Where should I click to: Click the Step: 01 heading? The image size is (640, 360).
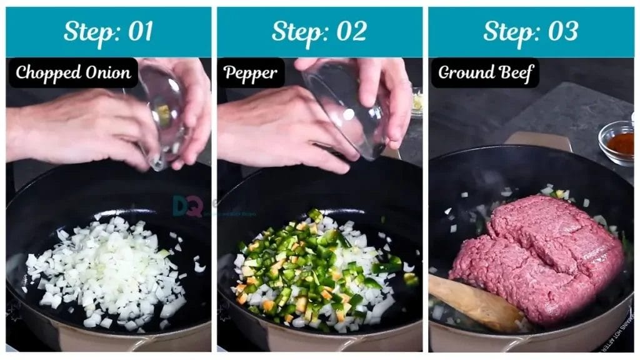tap(108, 31)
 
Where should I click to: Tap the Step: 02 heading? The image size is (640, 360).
tap(319, 31)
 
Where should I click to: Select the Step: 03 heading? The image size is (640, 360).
tap(531, 31)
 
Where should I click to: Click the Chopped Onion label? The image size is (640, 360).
tap(73, 73)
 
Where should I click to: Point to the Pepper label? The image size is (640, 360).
tap(250, 73)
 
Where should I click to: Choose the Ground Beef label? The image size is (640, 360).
tap(485, 73)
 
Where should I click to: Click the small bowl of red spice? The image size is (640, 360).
tap(616, 142)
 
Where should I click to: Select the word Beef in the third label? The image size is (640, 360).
tap(515, 73)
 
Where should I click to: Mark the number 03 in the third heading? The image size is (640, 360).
tap(562, 31)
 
